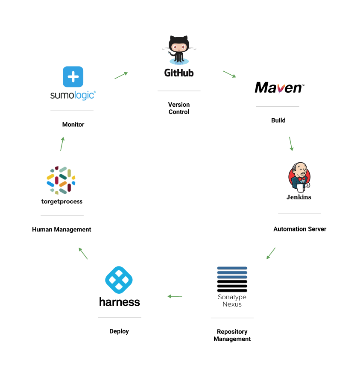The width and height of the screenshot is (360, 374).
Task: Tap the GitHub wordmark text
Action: click(x=179, y=73)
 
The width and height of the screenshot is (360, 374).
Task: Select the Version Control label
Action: click(x=179, y=108)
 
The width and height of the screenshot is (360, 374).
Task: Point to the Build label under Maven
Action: click(x=278, y=120)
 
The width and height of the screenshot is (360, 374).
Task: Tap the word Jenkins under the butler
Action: click(x=299, y=197)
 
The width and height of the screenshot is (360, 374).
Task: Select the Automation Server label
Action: click(x=300, y=229)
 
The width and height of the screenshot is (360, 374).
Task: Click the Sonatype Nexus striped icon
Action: click(x=232, y=279)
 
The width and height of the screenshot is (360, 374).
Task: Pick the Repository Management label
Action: click(x=232, y=335)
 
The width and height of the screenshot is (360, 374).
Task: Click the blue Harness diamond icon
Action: click(x=119, y=280)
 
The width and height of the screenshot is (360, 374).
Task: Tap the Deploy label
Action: click(x=119, y=331)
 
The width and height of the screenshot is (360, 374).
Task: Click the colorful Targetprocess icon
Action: click(x=61, y=180)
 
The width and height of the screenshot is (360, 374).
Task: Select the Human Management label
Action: click(x=61, y=230)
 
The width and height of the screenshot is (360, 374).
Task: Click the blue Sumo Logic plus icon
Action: click(x=73, y=77)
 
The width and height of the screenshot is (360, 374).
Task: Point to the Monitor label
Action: click(x=73, y=125)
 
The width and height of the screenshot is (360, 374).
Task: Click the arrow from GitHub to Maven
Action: click(x=229, y=74)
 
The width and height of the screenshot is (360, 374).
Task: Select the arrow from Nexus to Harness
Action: click(x=175, y=296)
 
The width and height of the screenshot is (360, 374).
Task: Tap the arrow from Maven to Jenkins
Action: click(x=291, y=144)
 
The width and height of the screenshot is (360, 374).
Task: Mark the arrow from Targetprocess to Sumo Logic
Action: click(x=62, y=144)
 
